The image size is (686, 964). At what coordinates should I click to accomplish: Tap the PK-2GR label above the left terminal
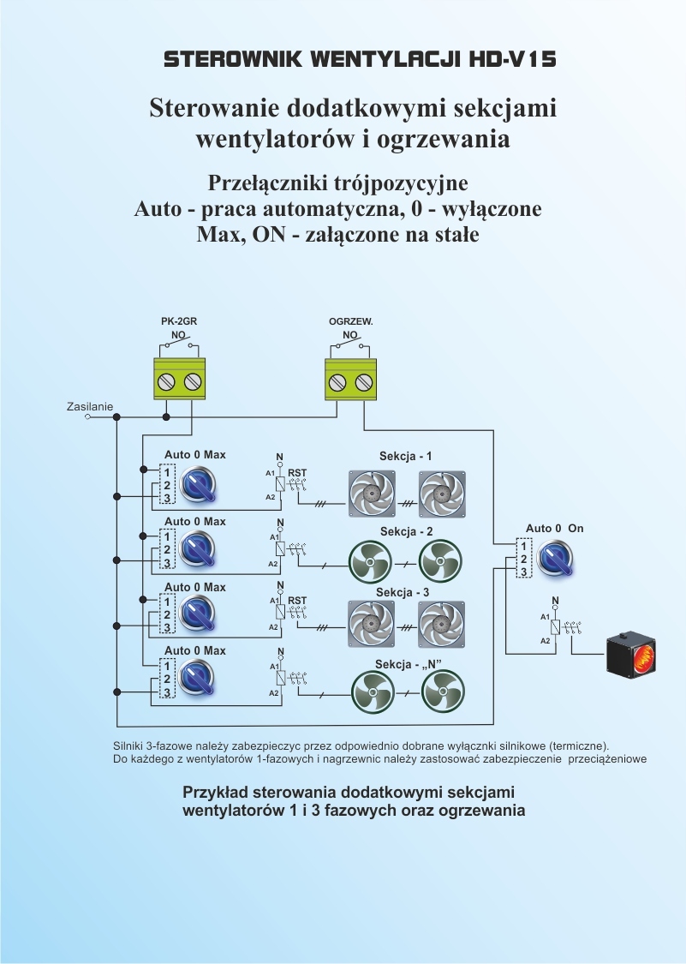coord(178,321)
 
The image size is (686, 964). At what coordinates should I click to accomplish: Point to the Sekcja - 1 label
coord(405,456)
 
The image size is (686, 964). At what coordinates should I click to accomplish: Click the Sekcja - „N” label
coord(408,664)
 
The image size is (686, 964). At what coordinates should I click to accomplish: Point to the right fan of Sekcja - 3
coord(441,623)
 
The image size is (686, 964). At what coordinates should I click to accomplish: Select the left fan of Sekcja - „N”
coord(373,693)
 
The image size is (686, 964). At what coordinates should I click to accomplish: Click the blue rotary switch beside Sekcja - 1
coord(199,486)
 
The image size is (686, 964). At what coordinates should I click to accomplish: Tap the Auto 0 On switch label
coord(554,529)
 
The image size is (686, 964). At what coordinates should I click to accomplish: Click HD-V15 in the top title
coord(513,59)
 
